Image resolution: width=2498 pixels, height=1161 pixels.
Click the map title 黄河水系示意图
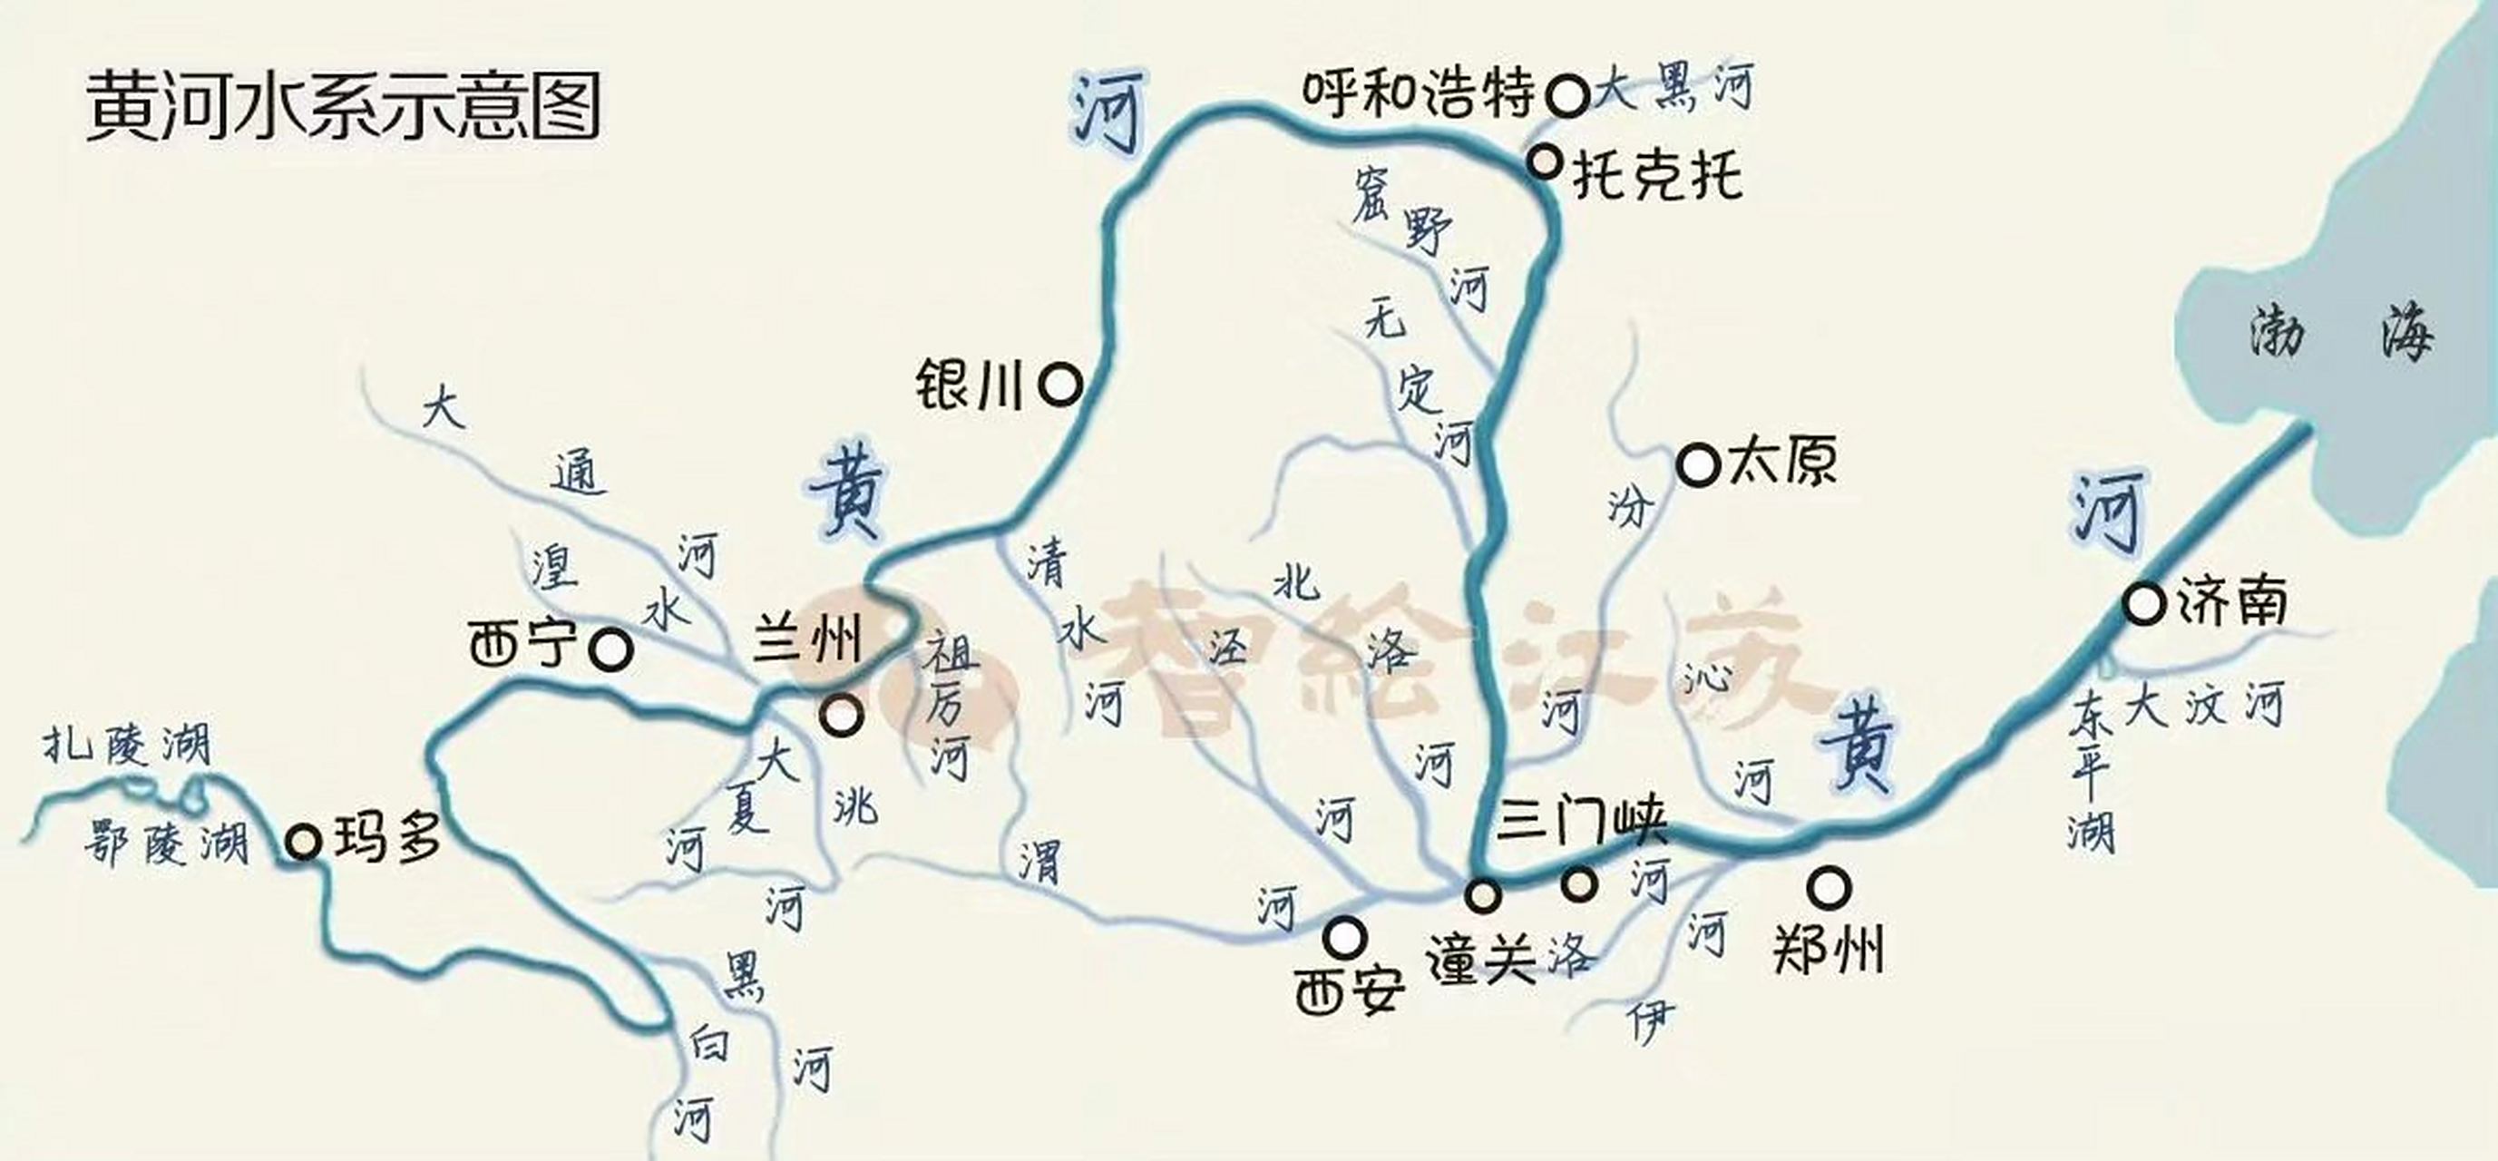point(345,107)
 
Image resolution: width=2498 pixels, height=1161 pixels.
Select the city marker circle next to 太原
point(1697,464)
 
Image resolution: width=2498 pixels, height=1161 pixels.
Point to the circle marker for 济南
point(2143,603)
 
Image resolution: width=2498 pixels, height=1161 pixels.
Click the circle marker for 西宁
point(612,649)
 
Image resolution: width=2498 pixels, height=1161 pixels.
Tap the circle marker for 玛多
point(304,841)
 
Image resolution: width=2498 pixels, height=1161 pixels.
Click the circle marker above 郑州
point(1829,886)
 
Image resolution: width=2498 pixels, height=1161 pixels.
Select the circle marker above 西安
point(1346,937)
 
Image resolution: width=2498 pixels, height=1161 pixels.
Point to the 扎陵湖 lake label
point(127,747)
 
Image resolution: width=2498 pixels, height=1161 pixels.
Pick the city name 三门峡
point(1582,824)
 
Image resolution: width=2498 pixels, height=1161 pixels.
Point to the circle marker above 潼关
point(1483,894)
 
